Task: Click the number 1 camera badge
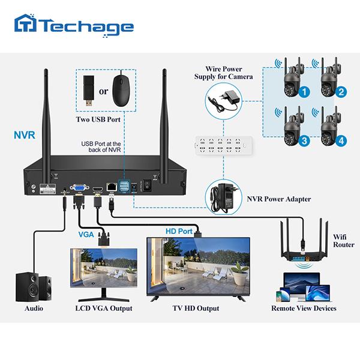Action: (x=305, y=92)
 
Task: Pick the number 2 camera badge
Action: (x=341, y=92)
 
